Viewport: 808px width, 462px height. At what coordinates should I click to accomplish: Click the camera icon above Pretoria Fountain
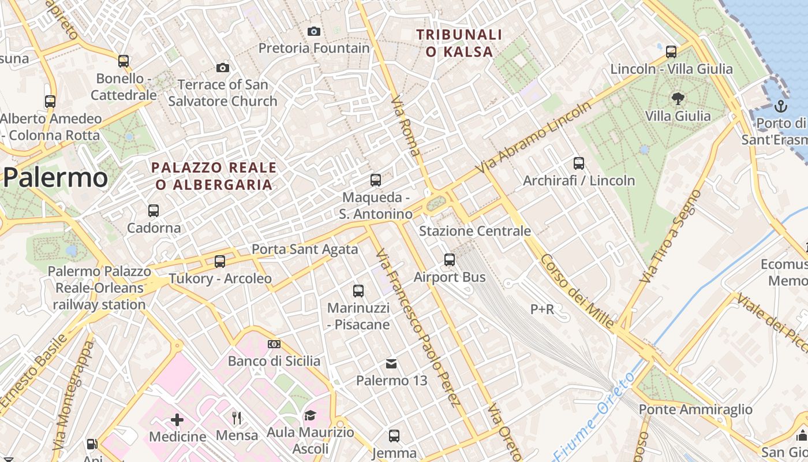(x=314, y=31)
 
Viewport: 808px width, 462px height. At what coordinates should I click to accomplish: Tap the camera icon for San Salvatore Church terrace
(x=223, y=68)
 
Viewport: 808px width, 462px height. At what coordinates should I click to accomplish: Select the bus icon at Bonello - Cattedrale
(x=124, y=61)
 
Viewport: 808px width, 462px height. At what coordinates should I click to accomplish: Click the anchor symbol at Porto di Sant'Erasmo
(x=780, y=106)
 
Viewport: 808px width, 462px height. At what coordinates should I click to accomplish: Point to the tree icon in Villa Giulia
(x=678, y=99)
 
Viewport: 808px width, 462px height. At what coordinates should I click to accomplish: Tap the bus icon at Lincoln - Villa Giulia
(x=671, y=52)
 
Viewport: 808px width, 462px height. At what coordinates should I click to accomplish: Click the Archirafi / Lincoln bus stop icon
(x=579, y=163)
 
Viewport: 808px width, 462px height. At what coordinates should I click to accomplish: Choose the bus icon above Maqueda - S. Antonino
(x=376, y=180)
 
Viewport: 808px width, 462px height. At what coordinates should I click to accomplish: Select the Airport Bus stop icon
(x=450, y=260)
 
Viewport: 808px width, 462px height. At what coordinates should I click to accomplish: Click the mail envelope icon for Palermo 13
(x=391, y=364)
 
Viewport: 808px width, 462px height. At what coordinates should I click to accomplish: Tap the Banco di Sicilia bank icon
(x=274, y=344)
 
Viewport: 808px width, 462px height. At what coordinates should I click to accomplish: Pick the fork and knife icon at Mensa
(x=237, y=418)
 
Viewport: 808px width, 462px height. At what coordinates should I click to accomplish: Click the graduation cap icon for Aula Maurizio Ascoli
(x=310, y=416)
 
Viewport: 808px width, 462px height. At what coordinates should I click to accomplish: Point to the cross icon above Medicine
(x=177, y=419)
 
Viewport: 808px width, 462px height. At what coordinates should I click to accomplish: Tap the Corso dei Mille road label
(x=577, y=292)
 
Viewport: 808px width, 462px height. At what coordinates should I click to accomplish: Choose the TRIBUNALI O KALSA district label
(x=459, y=43)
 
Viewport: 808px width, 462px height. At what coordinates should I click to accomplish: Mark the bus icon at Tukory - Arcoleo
(x=220, y=262)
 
